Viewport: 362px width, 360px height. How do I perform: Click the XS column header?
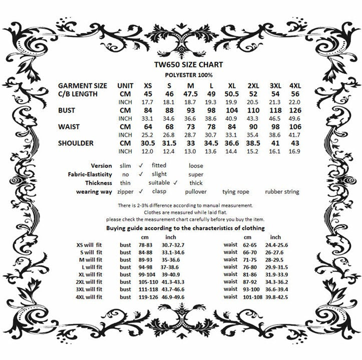click(x=148, y=85)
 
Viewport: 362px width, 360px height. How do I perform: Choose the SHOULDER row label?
click(x=76, y=143)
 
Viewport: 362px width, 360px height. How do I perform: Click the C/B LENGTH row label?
click(x=81, y=93)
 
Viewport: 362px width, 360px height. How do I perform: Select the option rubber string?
click(x=283, y=191)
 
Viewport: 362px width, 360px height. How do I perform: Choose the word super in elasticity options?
click(x=196, y=174)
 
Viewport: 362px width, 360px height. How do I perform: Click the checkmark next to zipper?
click(x=141, y=191)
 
